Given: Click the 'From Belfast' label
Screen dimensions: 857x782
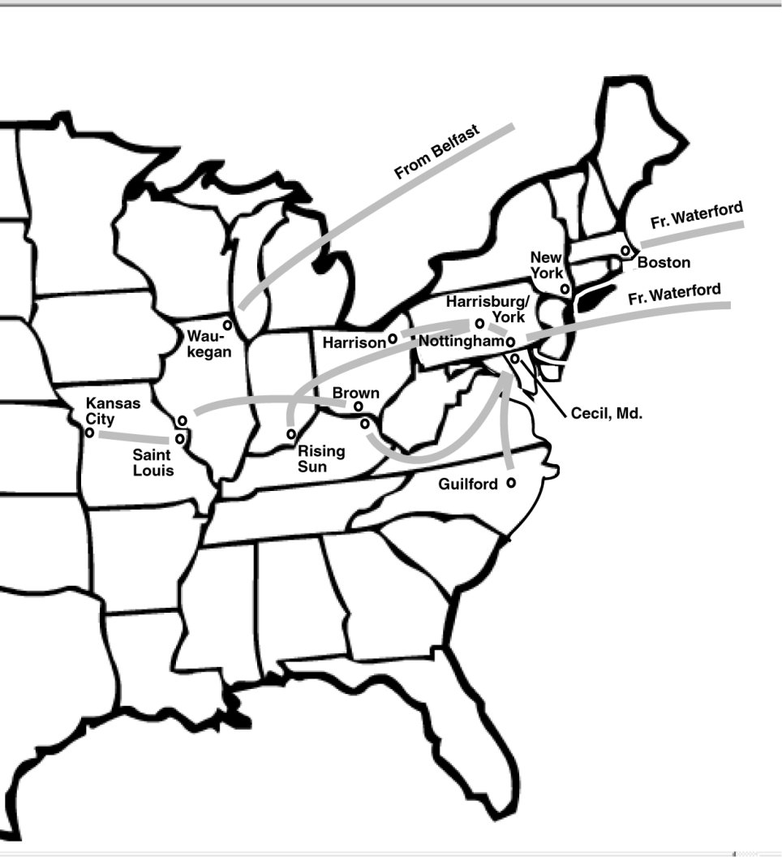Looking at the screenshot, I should tap(436, 153).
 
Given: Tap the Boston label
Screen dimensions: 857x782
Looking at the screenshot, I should tap(664, 262).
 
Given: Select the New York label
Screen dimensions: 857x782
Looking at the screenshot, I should tap(546, 265).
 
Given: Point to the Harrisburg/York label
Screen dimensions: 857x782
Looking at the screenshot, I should tap(487, 308).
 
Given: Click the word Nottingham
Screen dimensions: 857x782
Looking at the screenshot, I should tap(462, 342).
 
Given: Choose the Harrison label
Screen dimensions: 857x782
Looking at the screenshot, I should tap(354, 343).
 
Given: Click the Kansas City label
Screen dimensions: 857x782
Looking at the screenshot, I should tap(113, 410).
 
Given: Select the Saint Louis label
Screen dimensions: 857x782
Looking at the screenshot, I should tap(153, 463).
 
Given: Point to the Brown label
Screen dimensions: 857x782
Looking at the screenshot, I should tap(355, 394).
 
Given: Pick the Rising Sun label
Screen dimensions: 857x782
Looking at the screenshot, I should tap(320, 459).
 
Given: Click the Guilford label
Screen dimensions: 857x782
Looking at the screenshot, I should tap(467, 484).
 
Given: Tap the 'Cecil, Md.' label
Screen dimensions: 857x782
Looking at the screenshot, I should tap(607, 413).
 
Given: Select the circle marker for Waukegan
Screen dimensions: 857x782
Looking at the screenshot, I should tap(228, 325).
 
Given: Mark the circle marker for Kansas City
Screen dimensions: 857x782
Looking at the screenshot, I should tap(89, 433).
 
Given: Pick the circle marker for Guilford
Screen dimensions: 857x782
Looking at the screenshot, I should tap(511, 483).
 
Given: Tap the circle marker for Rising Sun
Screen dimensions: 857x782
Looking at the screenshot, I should tap(290, 434).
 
